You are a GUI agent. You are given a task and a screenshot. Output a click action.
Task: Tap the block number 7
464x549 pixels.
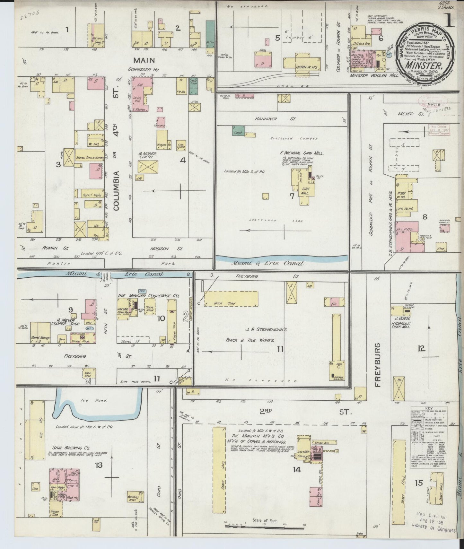292,196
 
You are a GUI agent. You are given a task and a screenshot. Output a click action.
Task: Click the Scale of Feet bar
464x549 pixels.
265,526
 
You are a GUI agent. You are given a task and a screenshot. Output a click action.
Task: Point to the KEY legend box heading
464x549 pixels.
429,409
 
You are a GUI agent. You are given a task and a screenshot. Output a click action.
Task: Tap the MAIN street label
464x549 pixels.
144,60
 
